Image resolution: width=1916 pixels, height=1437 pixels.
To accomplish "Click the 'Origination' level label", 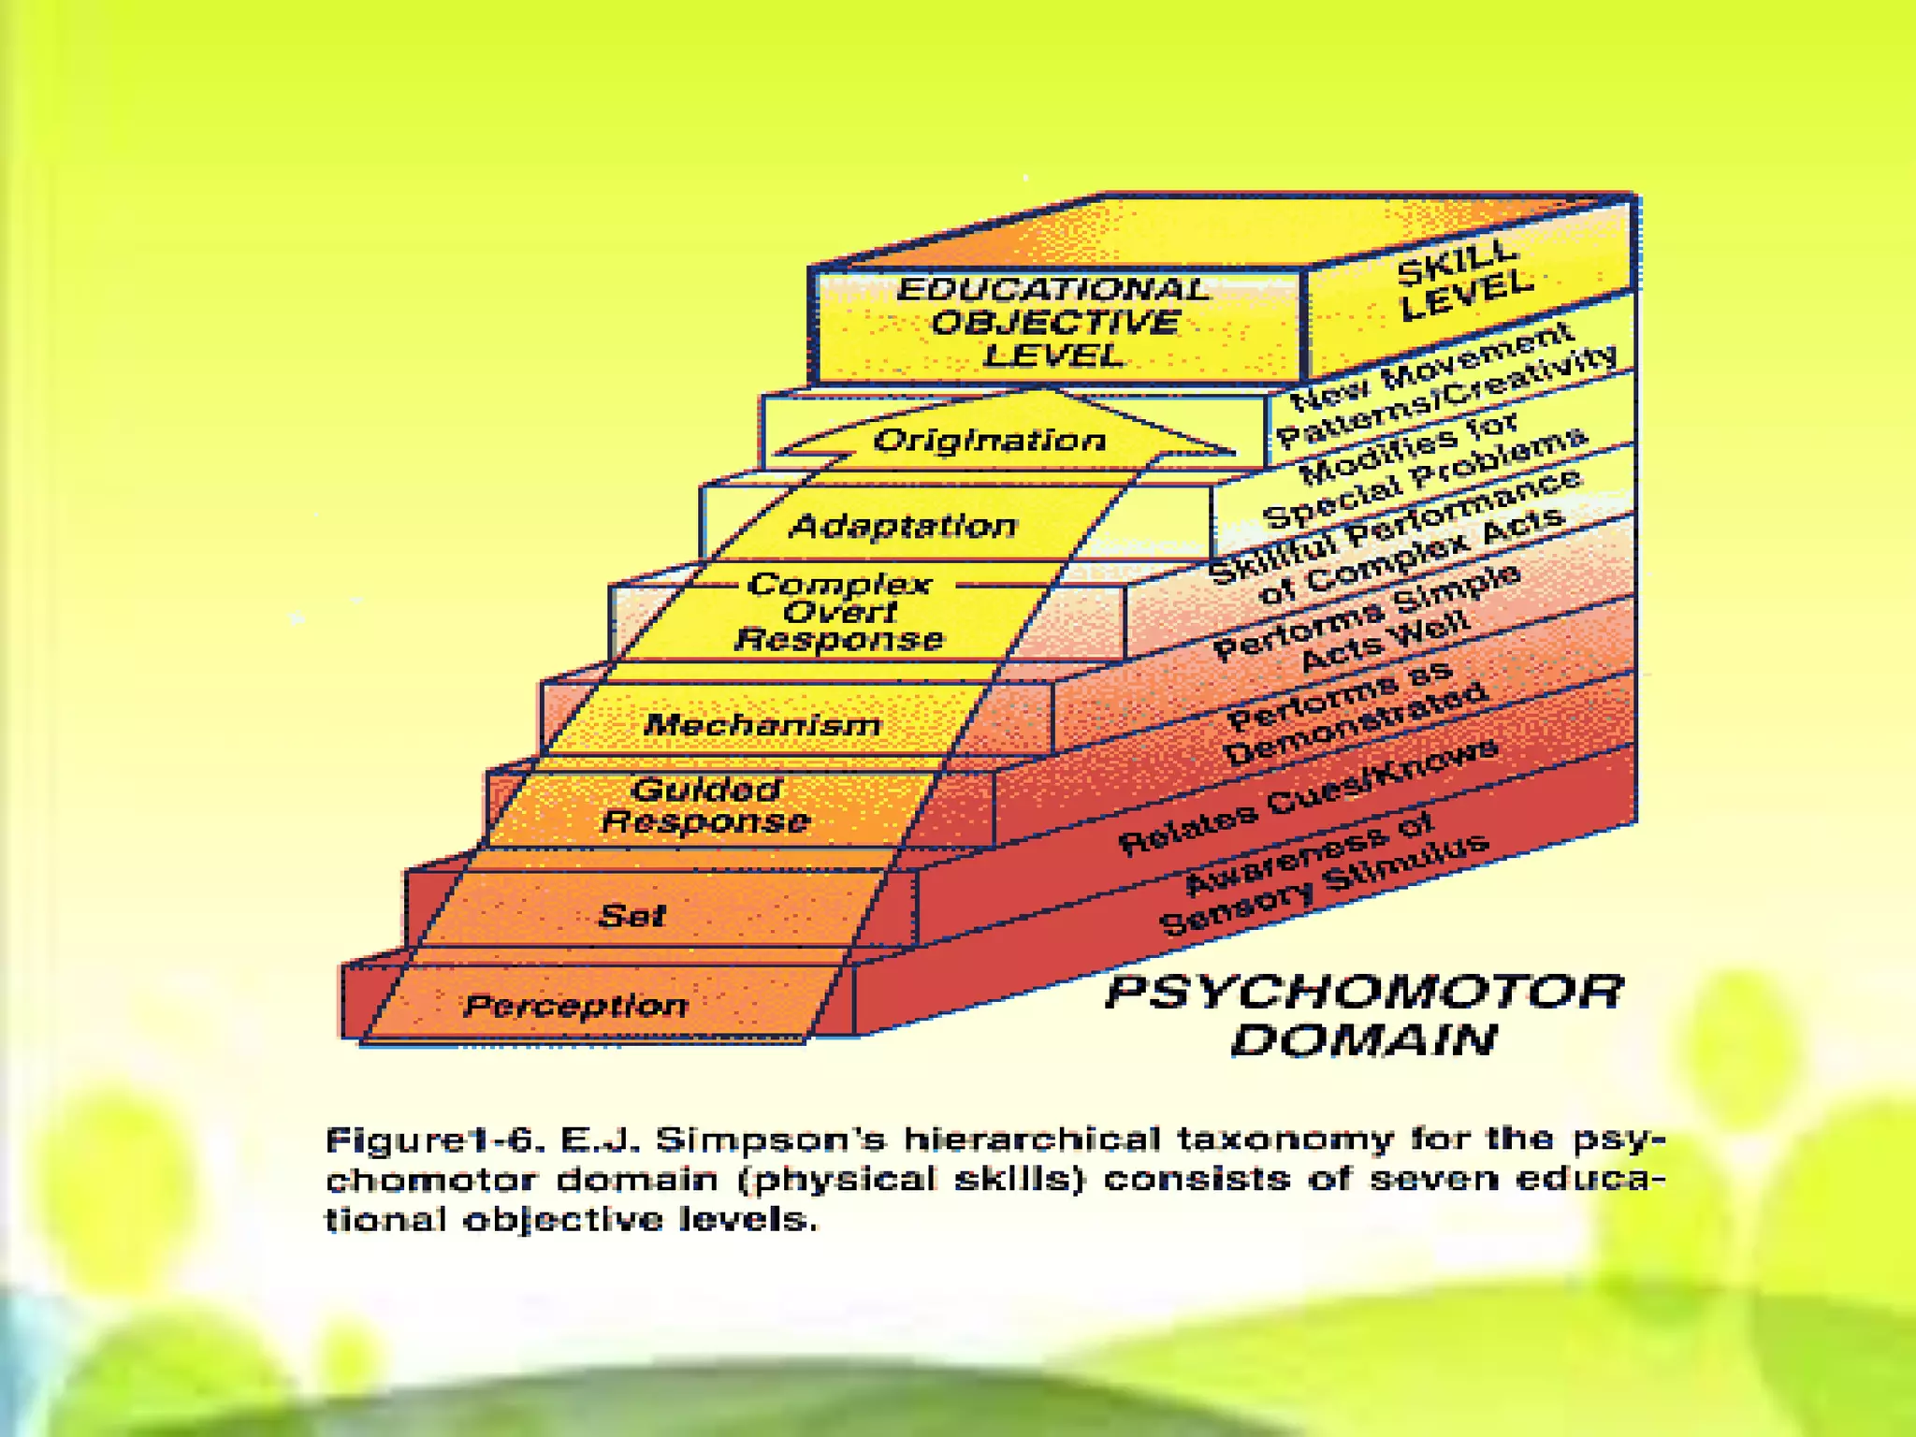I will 990,440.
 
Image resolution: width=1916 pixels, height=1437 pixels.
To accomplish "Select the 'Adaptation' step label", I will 903,526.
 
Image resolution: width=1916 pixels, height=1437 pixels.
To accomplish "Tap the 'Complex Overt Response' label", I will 839,612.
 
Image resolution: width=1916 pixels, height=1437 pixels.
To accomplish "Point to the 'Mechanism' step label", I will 762,724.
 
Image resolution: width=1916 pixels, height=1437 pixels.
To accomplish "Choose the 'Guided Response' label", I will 705,805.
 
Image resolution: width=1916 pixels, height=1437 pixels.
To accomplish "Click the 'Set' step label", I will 631,915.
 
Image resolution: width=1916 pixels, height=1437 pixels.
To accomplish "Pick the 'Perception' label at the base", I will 576,1006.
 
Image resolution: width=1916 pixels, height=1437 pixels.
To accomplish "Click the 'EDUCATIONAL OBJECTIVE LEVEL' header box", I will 1054,323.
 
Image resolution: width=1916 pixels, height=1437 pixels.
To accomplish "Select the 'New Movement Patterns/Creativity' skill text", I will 1445,385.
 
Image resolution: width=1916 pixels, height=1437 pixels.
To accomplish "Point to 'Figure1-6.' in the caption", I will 434,1140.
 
